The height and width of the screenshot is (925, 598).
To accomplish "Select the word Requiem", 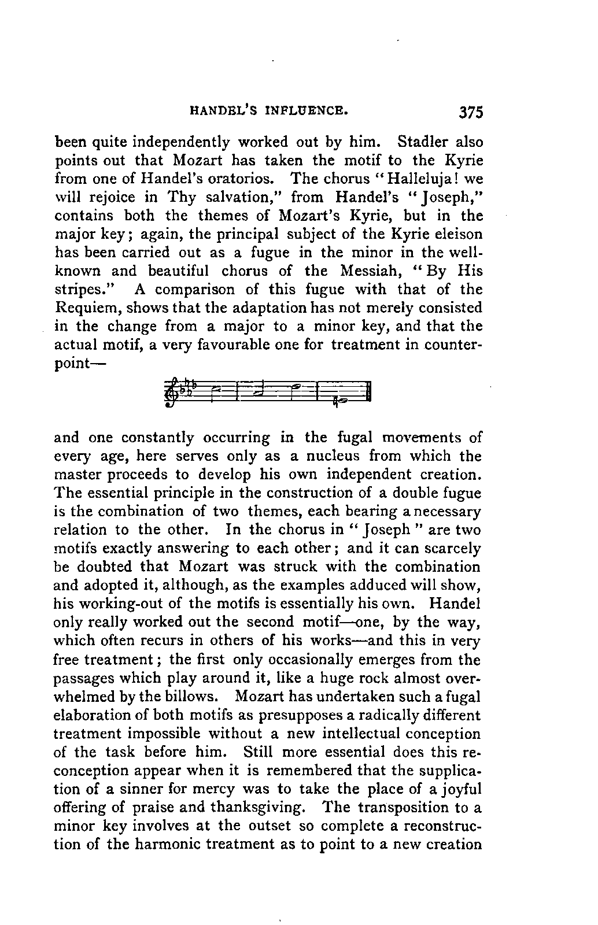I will point(84,308).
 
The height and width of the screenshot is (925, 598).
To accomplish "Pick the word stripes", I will point(79,290).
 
